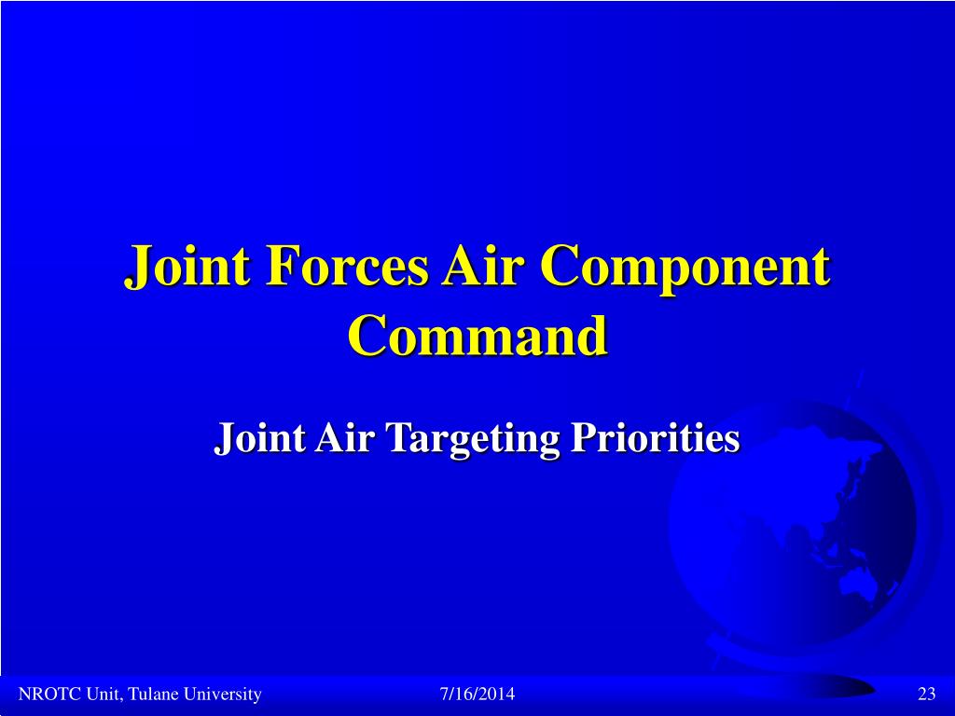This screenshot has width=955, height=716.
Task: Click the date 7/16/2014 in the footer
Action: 477,695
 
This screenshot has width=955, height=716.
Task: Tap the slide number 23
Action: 926,695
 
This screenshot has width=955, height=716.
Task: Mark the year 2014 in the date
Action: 498,695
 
